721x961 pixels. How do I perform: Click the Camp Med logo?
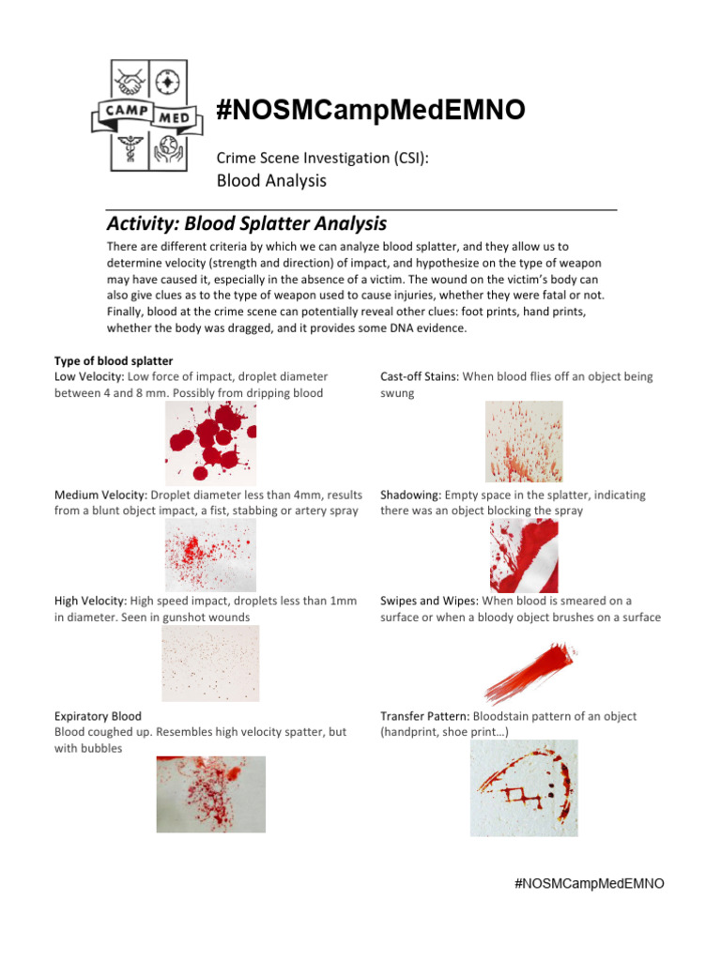[146, 115]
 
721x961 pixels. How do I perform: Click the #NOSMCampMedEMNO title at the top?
[370, 112]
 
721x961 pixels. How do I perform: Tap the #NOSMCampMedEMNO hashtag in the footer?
[590, 884]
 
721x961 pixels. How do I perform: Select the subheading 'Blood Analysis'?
[271, 180]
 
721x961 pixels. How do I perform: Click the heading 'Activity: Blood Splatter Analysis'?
[246, 224]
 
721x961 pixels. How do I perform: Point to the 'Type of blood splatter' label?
[113, 361]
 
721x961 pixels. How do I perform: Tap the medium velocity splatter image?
[209, 555]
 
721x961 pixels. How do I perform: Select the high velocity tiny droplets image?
[209, 663]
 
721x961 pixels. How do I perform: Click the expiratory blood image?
[210, 794]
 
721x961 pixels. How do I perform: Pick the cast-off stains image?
[523, 441]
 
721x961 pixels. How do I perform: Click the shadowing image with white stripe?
[524, 555]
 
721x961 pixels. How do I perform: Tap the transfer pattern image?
[523, 787]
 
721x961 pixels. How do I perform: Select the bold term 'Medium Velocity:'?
[100, 495]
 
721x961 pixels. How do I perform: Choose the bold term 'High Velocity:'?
[91, 601]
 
